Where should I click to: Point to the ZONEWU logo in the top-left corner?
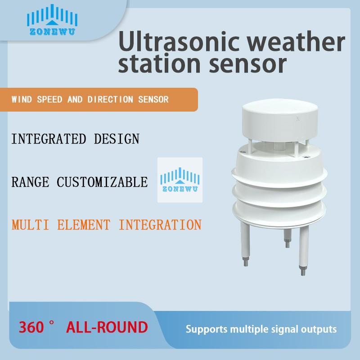(52, 20)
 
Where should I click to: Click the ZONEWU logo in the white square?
(180, 180)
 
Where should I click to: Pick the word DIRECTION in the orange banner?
(110, 99)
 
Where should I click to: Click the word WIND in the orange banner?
(22, 99)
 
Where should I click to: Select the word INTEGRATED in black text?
(49, 139)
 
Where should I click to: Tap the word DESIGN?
(117, 139)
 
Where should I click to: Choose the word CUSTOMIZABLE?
(102, 182)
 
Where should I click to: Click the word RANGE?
(30, 182)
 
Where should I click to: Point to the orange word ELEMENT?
(84, 225)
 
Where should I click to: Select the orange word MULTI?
(30, 225)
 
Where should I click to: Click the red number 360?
(31, 327)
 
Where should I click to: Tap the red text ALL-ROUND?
(107, 327)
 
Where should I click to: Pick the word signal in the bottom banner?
(284, 329)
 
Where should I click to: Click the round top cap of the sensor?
(280, 120)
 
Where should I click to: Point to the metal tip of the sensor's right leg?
(302, 270)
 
